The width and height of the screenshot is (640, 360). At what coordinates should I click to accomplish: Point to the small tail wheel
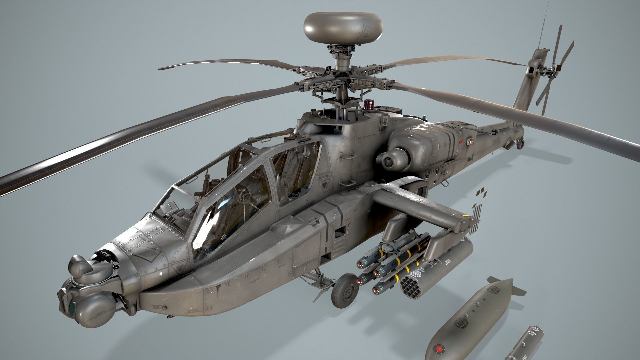click(x=520, y=144)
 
